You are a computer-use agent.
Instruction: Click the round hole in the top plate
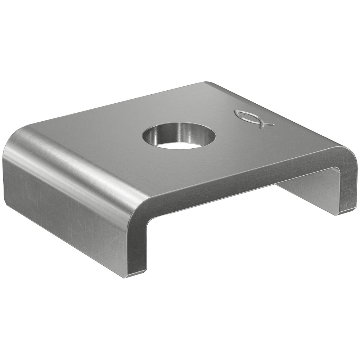(x=179, y=136)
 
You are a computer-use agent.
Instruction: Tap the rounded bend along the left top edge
(x=79, y=158)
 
